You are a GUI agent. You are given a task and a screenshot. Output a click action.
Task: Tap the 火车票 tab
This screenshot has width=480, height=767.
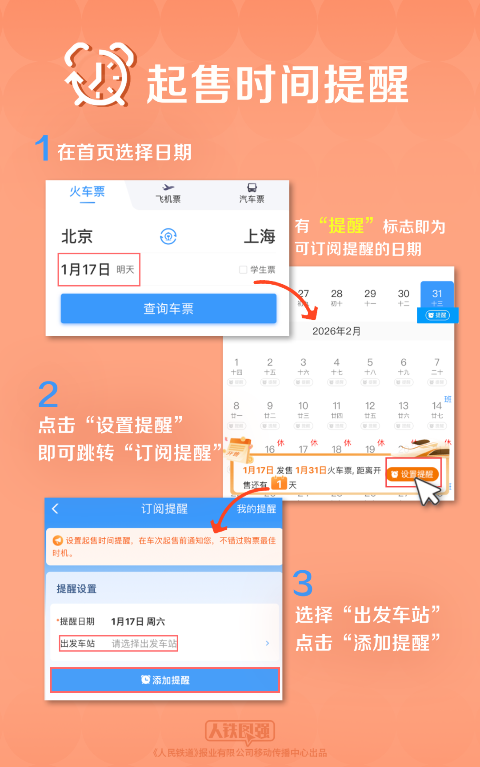coord(87,192)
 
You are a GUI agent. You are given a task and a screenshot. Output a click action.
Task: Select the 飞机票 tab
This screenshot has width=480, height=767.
coord(168,194)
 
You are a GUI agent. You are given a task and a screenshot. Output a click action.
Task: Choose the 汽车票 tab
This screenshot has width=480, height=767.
coord(252,194)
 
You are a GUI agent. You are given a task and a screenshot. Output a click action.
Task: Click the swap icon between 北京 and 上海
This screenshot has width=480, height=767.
coord(168,236)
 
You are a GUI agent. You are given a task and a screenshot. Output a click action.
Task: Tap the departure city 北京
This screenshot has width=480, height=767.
coord(77,236)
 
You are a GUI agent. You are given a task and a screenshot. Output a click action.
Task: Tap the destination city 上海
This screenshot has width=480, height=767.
coord(260,236)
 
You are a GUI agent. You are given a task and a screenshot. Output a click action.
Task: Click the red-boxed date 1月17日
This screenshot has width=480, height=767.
coord(99,270)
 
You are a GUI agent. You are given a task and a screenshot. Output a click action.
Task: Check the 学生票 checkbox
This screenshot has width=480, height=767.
coord(243,270)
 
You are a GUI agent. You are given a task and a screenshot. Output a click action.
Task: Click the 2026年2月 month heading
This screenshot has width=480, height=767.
coord(336,331)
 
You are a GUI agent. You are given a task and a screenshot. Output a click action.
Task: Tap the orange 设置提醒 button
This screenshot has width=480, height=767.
coord(413,474)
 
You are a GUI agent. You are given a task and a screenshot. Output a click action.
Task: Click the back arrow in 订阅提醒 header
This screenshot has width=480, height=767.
coord(56,509)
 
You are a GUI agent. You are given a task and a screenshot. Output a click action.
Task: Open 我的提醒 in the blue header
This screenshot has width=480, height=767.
coord(256,509)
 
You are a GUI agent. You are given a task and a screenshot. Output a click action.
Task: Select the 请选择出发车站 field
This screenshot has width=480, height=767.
coord(144,644)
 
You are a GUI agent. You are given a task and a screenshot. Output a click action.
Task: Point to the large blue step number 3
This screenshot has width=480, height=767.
coord(303,584)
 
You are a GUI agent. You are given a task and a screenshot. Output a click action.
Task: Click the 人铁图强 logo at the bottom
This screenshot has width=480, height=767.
coord(240,731)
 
